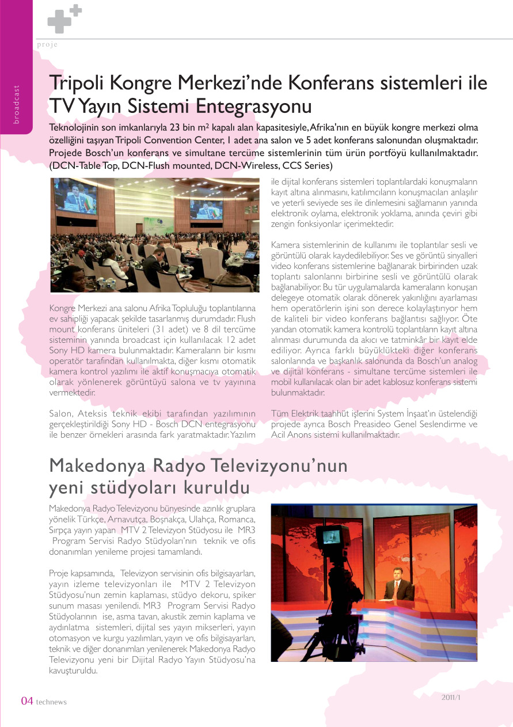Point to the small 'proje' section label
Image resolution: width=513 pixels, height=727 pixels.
tap(47, 44)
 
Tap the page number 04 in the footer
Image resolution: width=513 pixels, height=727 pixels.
tap(27, 701)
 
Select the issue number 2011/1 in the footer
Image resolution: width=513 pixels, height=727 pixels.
tap(452, 696)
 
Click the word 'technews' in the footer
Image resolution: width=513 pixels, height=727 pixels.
tap(51, 702)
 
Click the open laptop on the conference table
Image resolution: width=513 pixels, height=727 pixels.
tap(250, 255)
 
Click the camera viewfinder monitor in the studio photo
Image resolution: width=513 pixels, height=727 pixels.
tap(336, 536)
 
